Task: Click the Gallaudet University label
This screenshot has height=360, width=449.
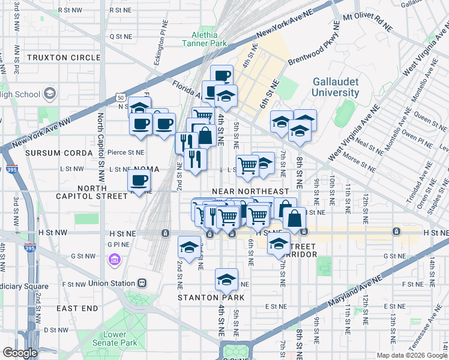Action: coord(335,87)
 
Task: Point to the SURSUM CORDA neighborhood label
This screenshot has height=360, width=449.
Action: coord(55,152)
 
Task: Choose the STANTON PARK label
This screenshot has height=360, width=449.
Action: coord(211,297)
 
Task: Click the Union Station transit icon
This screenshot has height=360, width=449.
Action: coord(142,283)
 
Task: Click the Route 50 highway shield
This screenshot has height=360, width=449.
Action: coord(120,97)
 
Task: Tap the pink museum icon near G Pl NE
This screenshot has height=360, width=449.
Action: coord(115,259)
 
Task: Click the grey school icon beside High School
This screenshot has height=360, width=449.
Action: coord(49,94)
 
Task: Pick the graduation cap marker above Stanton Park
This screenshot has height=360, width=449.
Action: coord(226,280)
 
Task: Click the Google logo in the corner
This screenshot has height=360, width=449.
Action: coord(20,353)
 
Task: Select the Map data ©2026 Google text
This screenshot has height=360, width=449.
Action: coord(411,355)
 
